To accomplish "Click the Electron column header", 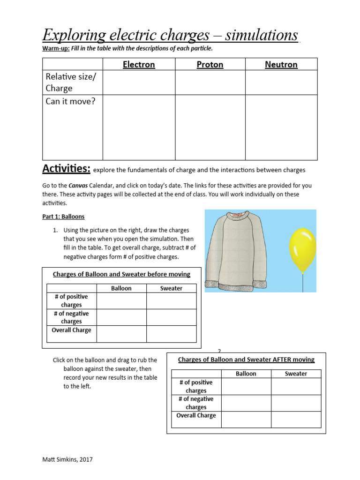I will [x=139, y=65].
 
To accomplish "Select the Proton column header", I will [x=210, y=65].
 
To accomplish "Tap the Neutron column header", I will [x=281, y=65].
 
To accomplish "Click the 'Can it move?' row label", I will [x=70, y=101].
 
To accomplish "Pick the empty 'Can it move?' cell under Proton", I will [x=210, y=127].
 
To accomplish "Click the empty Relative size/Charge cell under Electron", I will [x=139, y=82].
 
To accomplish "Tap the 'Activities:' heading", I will [x=66, y=168].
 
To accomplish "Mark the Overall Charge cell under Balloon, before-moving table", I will [x=121, y=334].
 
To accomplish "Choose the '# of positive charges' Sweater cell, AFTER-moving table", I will [x=296, y=386].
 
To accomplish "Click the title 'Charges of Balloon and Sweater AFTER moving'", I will [x=246, y=360].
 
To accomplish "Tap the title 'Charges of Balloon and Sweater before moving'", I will [x=121, y=274].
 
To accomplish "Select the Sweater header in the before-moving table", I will [x=171, y=288].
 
